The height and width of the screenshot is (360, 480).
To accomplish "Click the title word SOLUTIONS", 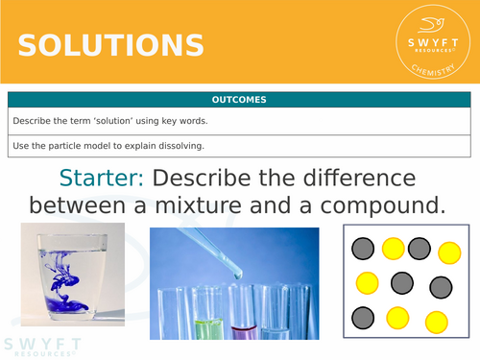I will pyautogui.click(x=110, y=46).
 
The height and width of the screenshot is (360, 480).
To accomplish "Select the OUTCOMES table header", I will pyautogui.click(x=239, y=99).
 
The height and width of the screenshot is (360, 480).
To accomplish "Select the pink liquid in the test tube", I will pyautogui.click(x=243, y=330).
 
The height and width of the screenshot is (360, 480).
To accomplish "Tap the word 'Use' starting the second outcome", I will pyautogui.click(x=21, y=145).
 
